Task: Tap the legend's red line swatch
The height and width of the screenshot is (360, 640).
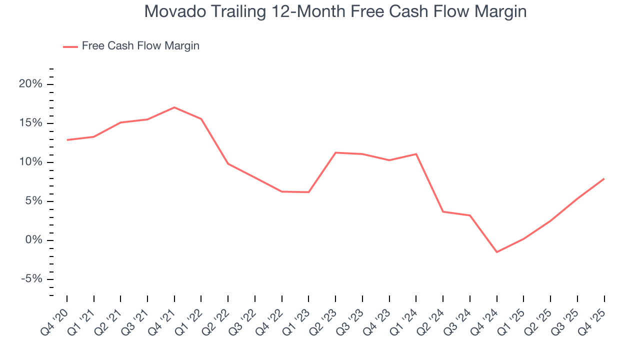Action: coord(70,46)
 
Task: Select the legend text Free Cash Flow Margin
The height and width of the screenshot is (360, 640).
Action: coord(140,46)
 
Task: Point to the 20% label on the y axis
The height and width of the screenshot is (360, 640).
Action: coord(30,84)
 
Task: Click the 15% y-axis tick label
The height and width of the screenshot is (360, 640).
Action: coord(30,123)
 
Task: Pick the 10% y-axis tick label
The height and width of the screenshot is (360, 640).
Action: coord(30,162)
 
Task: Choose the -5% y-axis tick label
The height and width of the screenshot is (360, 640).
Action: coord(30,279)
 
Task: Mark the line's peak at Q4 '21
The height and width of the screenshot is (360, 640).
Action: coord(174,107)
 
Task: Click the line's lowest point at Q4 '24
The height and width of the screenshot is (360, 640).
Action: coord(497,252)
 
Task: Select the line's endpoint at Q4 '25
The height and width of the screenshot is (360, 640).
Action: coord(604,178)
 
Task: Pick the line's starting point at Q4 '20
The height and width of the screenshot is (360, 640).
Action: coord(67,140)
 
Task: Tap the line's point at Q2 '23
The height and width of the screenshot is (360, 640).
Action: coord(335,152)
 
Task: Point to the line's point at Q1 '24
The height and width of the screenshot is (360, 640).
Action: coord(416,154)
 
